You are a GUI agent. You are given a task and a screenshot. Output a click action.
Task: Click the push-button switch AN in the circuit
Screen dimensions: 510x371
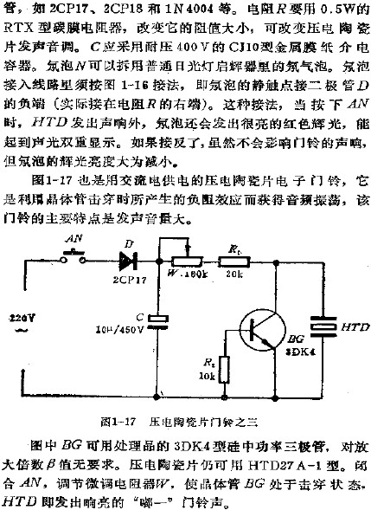pyautogui.click(x=72, y=256)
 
